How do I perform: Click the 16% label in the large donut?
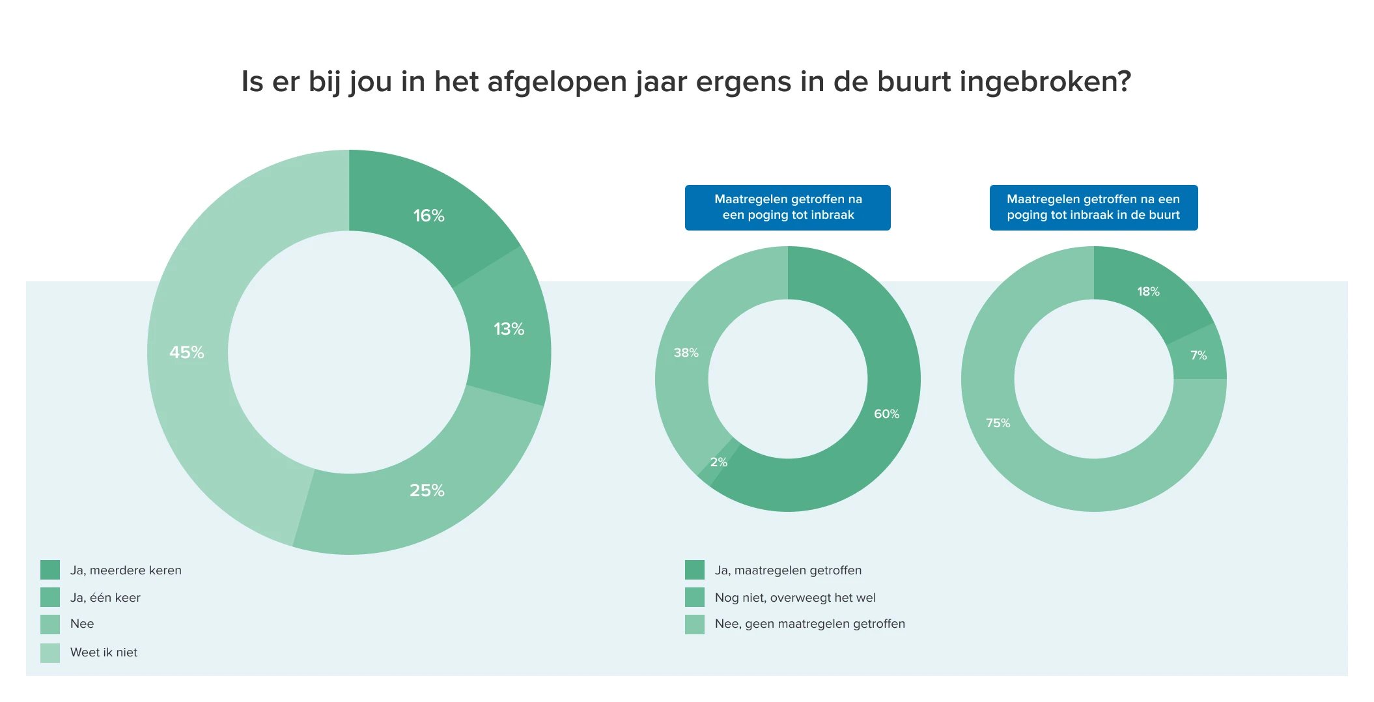pyautogui.click(x=428, y=216)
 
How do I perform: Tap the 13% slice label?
pyautogui.click(x=509, y=329)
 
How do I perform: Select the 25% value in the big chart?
pyautogui.click(x=427, y=490)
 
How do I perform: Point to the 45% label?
pyautogui.click(x=187, y=352)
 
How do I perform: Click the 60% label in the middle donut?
pyautogui.click(x=886, y=414)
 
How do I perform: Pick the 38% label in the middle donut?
pyautogui.click(x=686, y=353)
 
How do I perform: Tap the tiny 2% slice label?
pyautogui.click(x=718, y=462)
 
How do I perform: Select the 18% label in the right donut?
pyautogui.click(x=1148, y=292)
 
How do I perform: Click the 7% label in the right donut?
pyautogui.click(x=1198, y=356)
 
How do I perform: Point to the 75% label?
pyautogui.click(x=998, y=423)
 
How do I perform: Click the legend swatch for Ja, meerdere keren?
pyautogui.click(x=50, y=570)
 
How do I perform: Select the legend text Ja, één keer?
pyautogui.click(x=105, y=598)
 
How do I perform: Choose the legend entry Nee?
pyautogui.click(x=82, y=624)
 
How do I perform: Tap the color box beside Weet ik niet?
pyautogui.click(x=50, y=653)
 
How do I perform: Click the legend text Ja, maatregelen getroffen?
pyautogui.click(x=788, y=570)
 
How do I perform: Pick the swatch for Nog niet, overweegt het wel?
pyautogui.click(x=695, y=597)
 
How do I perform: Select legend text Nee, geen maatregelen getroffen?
pyautogui.click(x=809, y=624)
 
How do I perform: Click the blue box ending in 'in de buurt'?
pyautogui.click(x=1093, y=208)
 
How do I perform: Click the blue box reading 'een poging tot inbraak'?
pyautogui.click(x=787, y=208)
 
